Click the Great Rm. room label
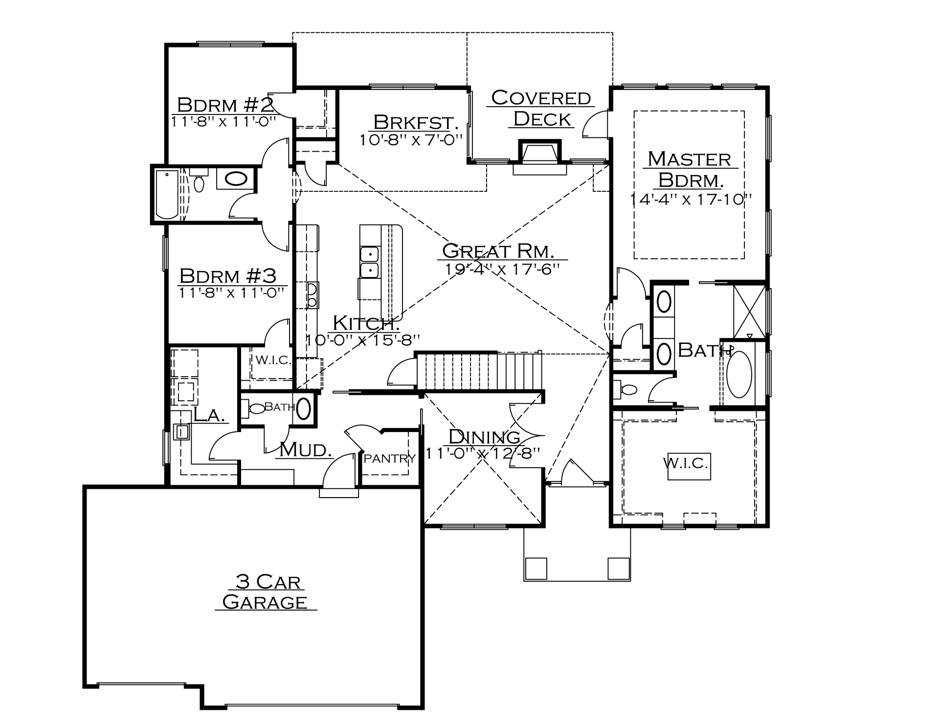[x=498, y=251]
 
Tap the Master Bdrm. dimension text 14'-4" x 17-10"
[x=690, y=200]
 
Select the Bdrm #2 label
[x=225, y=105]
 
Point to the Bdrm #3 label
[x=228, y=276]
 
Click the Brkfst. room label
[x=415, y=122]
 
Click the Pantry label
[x=390, y=458]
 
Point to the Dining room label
[x=484, y=436]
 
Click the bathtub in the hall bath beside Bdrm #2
[x=167, y=194]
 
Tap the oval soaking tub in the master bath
[x=739, y=375]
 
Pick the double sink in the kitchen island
[x=370, y=263]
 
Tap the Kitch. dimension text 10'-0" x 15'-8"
[x=363, y=340]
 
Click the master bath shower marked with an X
[x=749, y=311]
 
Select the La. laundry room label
[x=209, y=415]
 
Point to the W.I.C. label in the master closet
[x=686, y=463]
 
